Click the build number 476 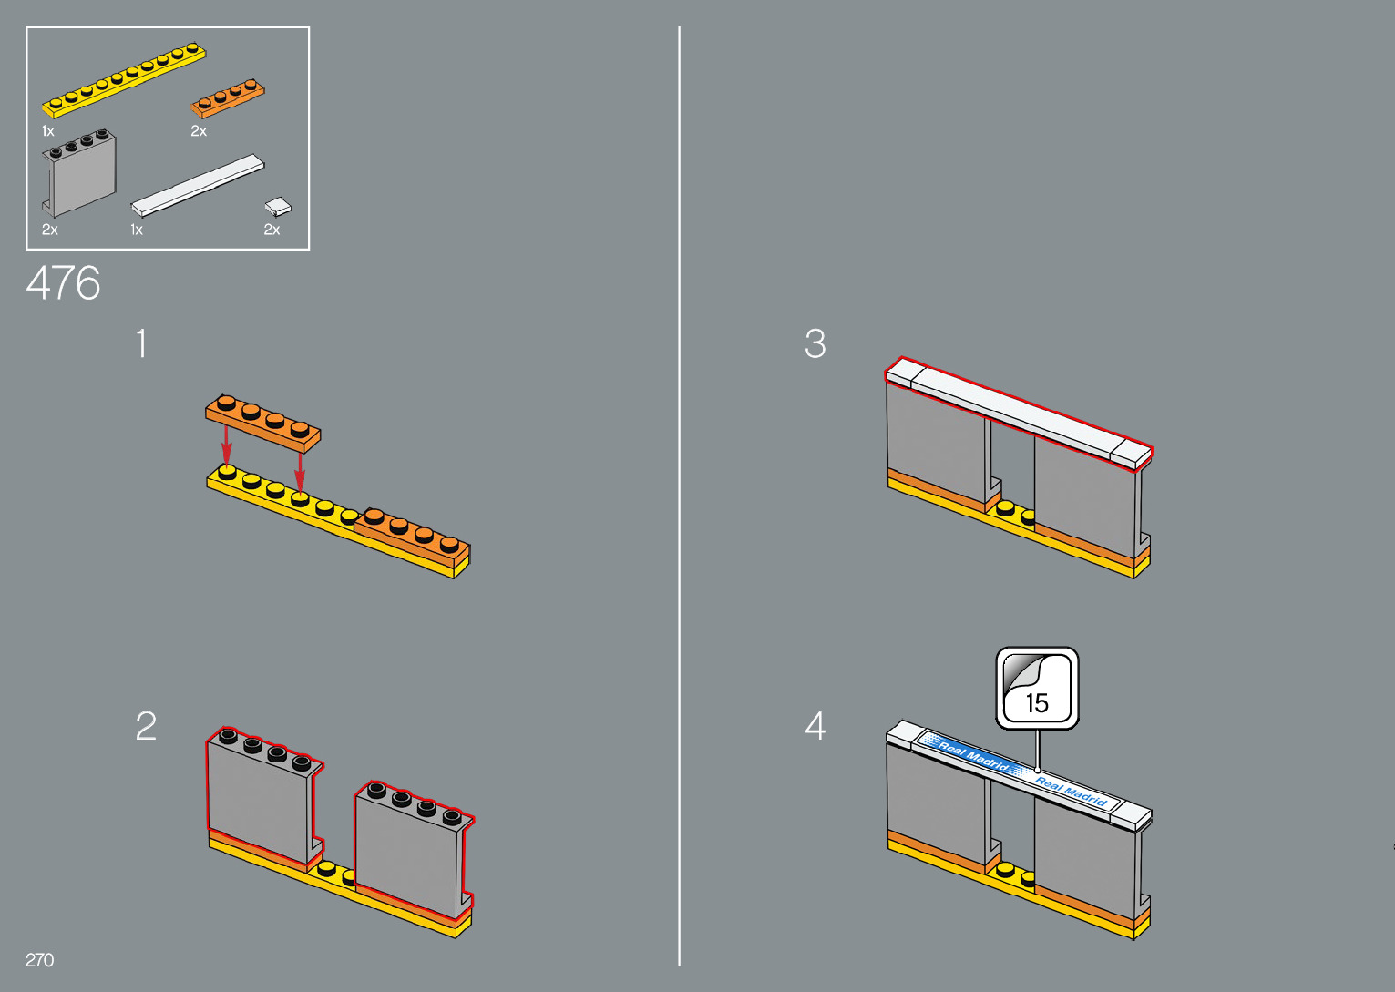pyautogui.click(x=63, y=283)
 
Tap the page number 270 pyautogui.click(x=39, y=960)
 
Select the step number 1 pyautogui.click(x=141, y=344)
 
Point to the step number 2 pyautogui.click(x=146, y=726)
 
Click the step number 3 pyautogui.click(x=815, y=344)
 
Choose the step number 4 pyautogui.click(x=815, y=726)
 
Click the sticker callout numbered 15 pyautogui.click(x=1037, y=689)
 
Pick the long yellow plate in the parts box pyautogui.click(x=124, y=79)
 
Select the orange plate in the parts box pyautogui.click(x=228, y=98)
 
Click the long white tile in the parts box pyautogui.click(x=198, y=185)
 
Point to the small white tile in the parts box pyautogui.click(x=278, y=207)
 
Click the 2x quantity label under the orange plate pyautogui.click(x=199, y=131)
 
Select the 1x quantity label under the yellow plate pyautogui.click(x=48, y=131)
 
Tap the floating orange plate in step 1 pyautogui.click(x=262, y=422)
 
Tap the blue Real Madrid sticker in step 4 pyautogui.click(x=1016, y=770)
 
